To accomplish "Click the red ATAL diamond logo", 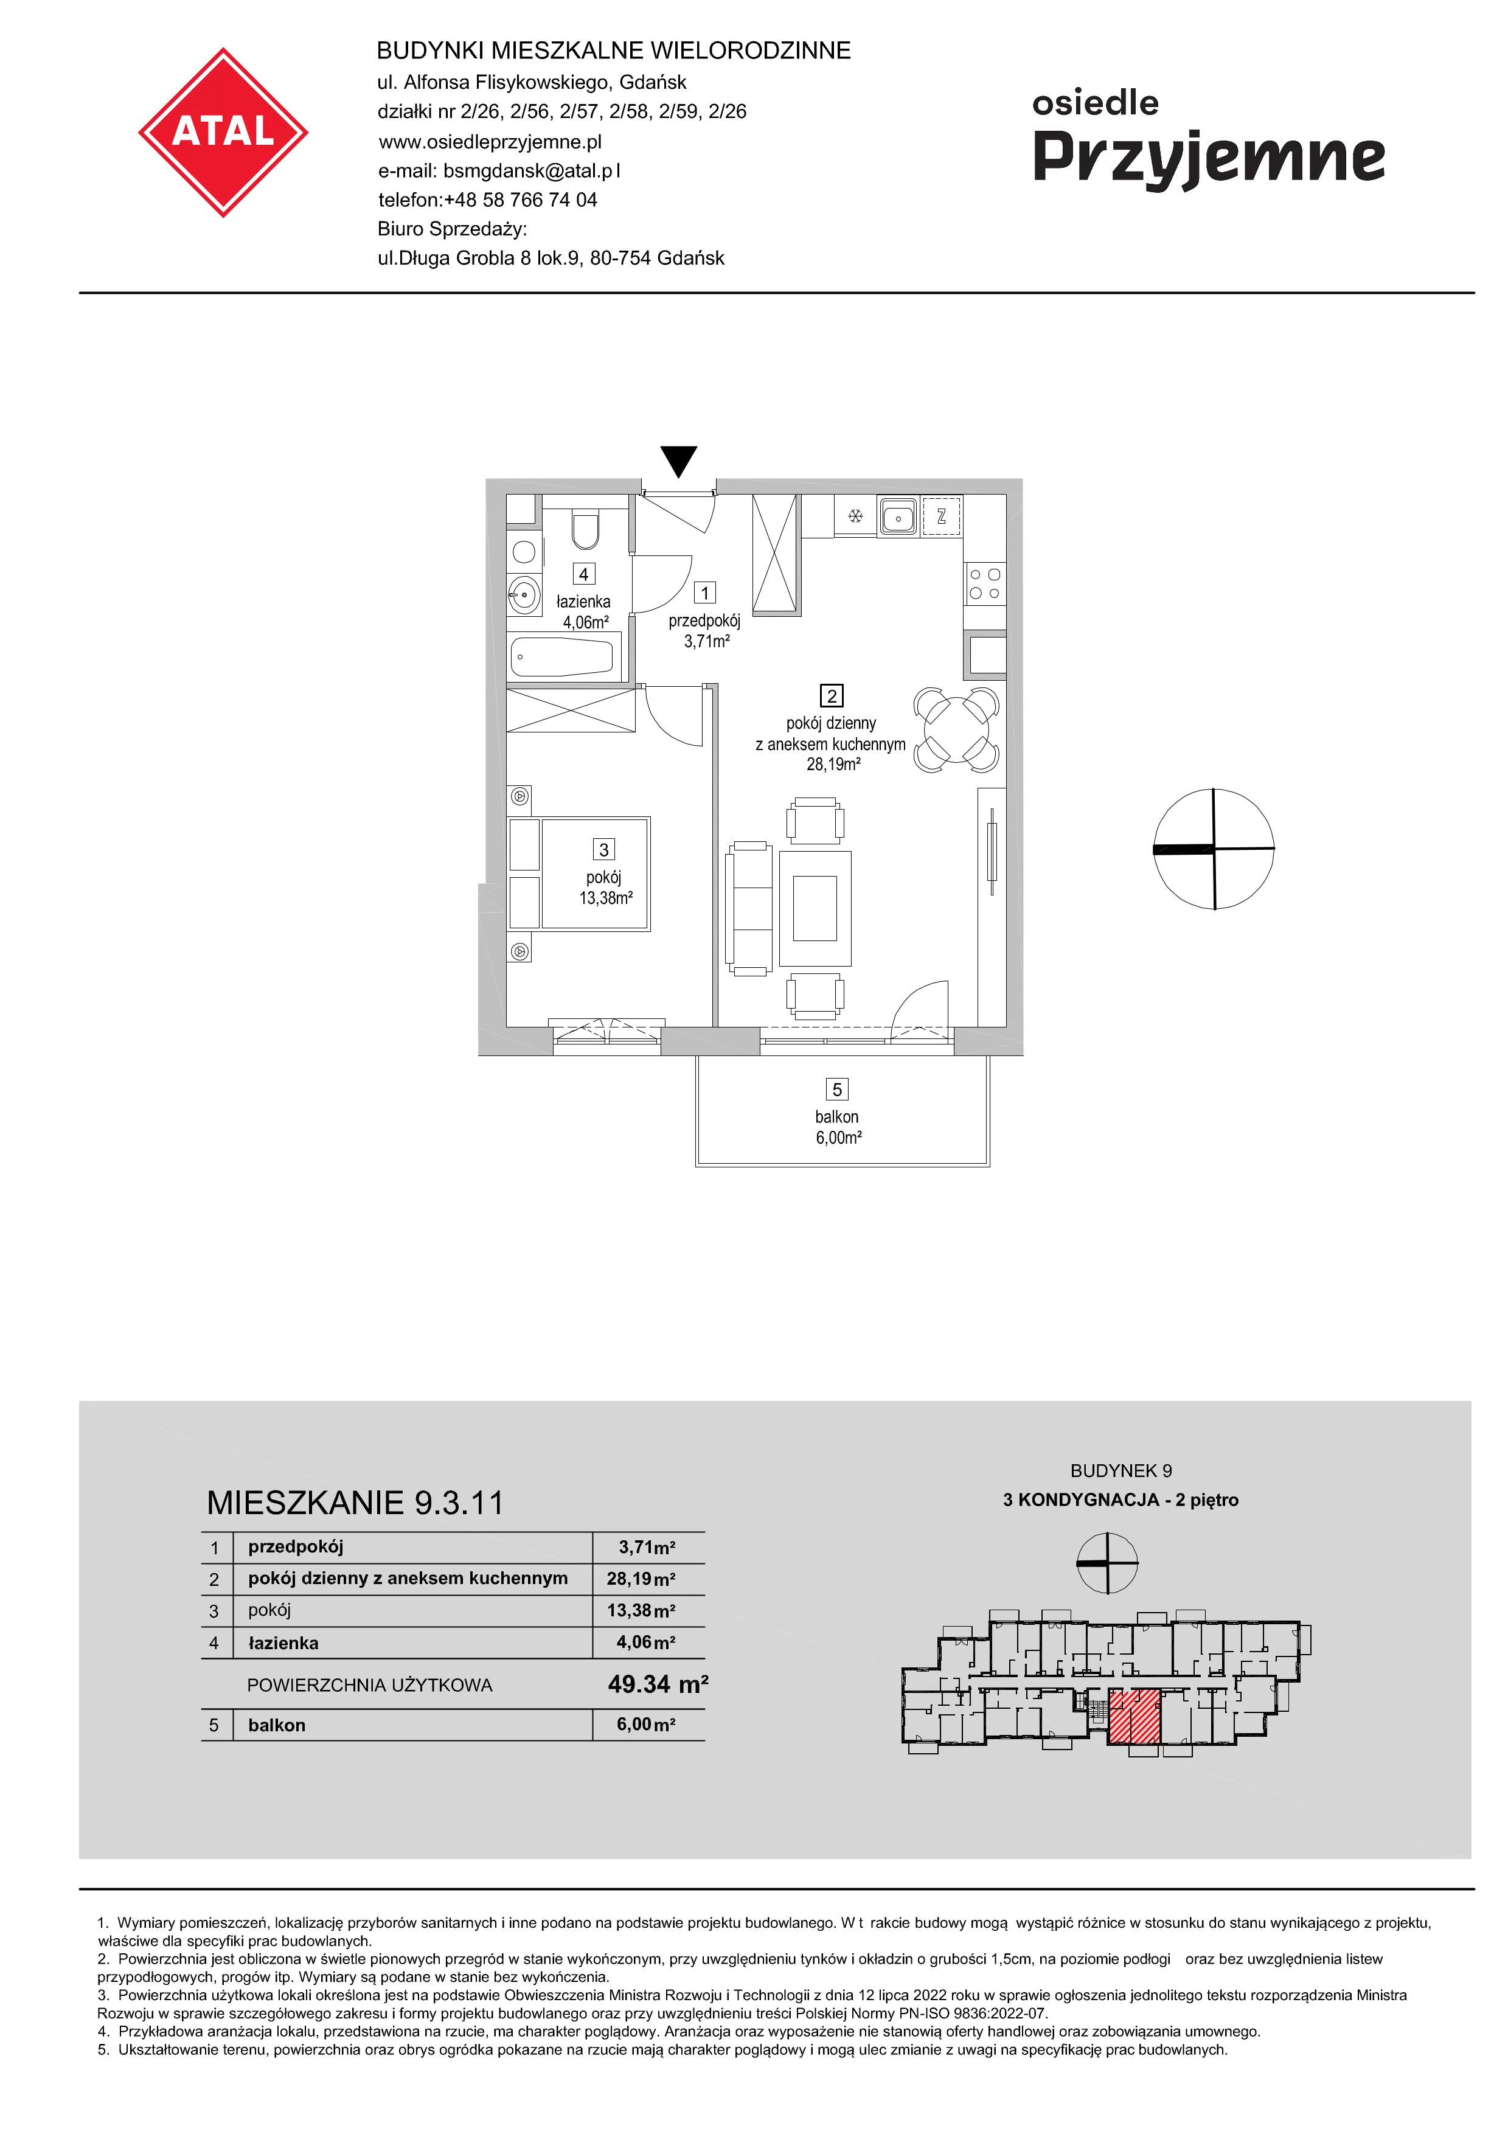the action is click(223, 133).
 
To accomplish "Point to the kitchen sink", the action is click(897, 516).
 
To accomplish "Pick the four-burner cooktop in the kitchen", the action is click(985, 585).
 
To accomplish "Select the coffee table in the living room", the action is click(815, 908).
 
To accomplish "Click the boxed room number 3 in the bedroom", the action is click(604, 849).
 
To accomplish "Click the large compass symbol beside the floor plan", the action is click(1214, 849).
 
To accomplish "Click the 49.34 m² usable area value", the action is click(658, 1684).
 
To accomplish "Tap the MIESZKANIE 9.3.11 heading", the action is click(355, 1503).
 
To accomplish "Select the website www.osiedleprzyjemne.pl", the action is click(490, 141).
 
